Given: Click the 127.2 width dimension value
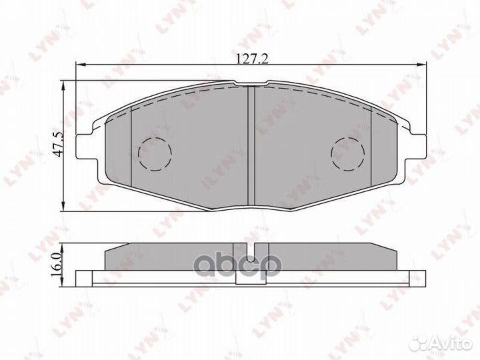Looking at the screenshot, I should [252, 59].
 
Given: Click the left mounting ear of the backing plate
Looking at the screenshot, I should [85, 147].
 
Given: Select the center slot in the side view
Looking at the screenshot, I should [252, 254].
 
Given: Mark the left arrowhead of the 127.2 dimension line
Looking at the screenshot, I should [79, 65].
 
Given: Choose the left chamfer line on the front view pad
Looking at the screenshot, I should [132, 147].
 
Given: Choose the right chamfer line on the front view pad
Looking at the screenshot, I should [371, 147].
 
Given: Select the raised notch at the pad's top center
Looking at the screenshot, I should [252, 85].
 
